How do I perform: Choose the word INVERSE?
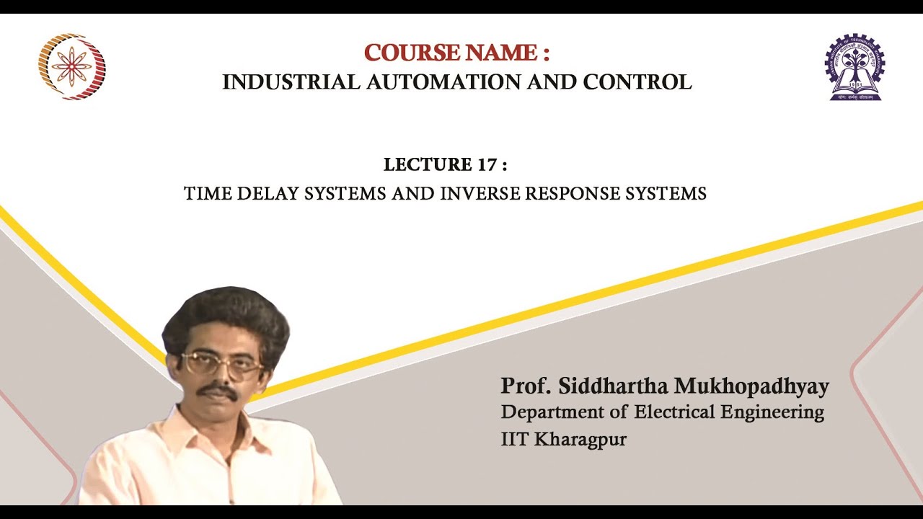point(480,194)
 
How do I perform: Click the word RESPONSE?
point(575,194)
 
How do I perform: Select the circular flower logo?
point(71,66)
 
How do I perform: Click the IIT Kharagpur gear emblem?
point(854,66)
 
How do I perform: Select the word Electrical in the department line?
point(678,413)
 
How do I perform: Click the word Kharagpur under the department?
point(580,439)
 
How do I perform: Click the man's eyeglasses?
point(221,364)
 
